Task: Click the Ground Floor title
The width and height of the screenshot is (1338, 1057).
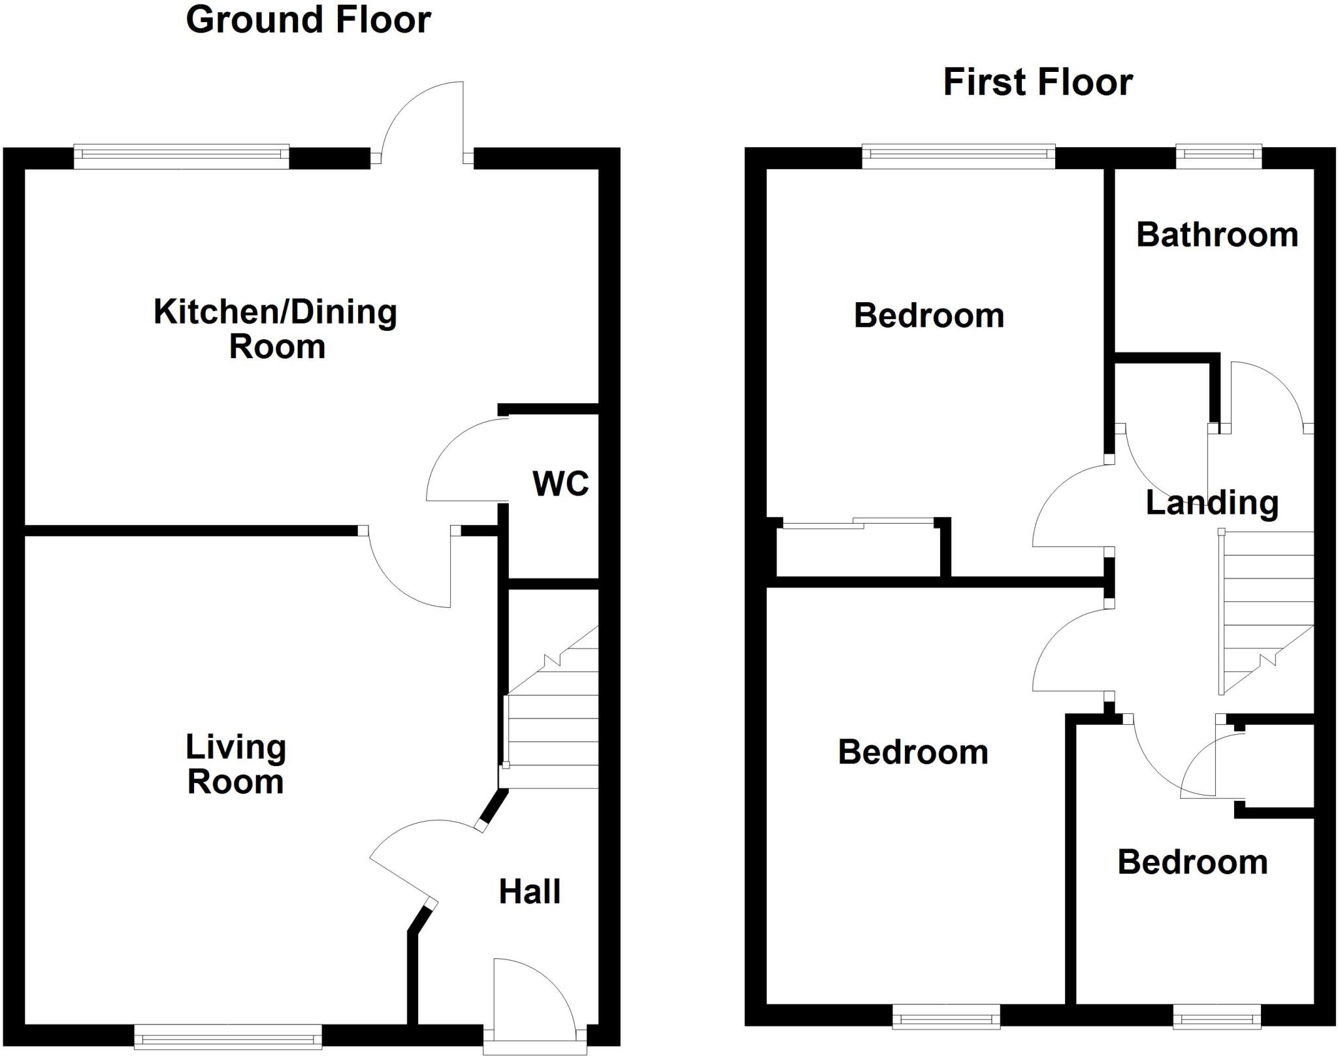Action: click(x=308, y=20)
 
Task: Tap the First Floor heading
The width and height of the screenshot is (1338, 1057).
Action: click(x=1037, y=83)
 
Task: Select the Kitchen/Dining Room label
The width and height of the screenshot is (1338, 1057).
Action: click(x=276, y=329)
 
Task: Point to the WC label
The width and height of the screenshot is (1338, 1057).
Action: click(x=561, y=484)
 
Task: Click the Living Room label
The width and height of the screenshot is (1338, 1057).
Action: click(x=236, y=764)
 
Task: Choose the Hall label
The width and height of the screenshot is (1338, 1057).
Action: click(x=529, y=892)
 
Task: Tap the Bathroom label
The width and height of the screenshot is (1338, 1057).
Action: click(x=1217, y=235)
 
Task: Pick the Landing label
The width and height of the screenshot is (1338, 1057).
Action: click(x=1212, y=503)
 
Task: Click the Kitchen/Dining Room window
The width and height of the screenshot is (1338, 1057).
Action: click(x=181, y=157)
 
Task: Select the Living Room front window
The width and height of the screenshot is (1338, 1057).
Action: click(x=228, y=1036)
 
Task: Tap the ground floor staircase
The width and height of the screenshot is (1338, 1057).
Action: click(x=553, y=719)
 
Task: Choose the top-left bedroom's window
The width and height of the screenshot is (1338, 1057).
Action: click(x=958, y=157)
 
